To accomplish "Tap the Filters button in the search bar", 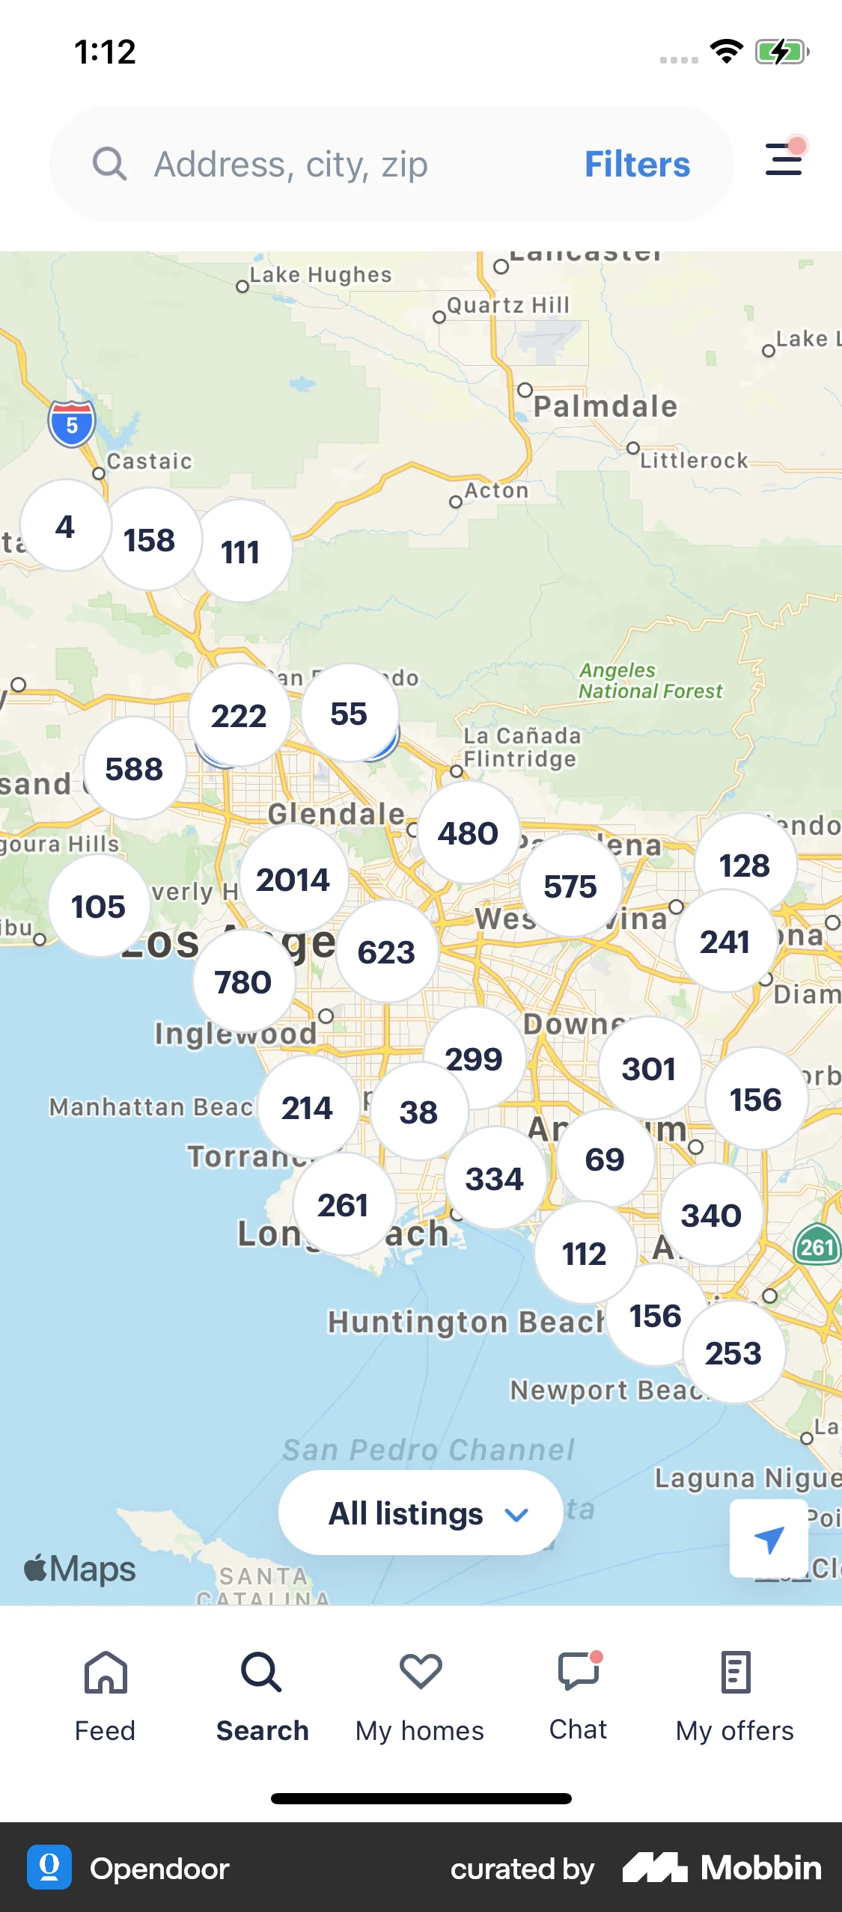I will tap(637, 164).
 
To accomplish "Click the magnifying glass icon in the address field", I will tap(110, 164).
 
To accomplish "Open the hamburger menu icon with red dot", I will tap(784, 159).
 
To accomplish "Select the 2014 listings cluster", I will tap(293, 880).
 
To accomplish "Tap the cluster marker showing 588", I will tap(134, 769).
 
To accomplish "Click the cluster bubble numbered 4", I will tap(65, 527).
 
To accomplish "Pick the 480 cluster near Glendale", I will tap(468, 833).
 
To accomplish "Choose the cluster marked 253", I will tap(733, 1353).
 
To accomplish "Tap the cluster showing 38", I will tap(418, 1112).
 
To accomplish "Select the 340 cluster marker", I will tap(711, 1216).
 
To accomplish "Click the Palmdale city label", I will tap(605, 406).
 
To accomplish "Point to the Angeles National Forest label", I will tap(650, 681).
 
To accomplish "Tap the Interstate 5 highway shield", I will tap(72, 424).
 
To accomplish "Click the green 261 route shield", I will tap(817, 1246).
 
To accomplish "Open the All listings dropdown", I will tap(421, 1513).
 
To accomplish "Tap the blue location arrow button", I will tap(769, 1539).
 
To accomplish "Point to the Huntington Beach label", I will tap(466, 1322).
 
